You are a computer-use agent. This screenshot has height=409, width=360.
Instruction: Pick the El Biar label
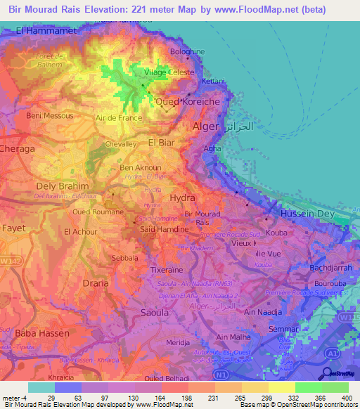[161, 143]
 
